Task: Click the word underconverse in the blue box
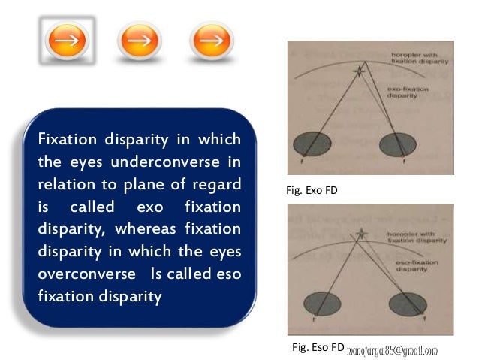[x=138, y=162]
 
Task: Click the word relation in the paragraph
[x=63, y=184]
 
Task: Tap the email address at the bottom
[x=391, y=349]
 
